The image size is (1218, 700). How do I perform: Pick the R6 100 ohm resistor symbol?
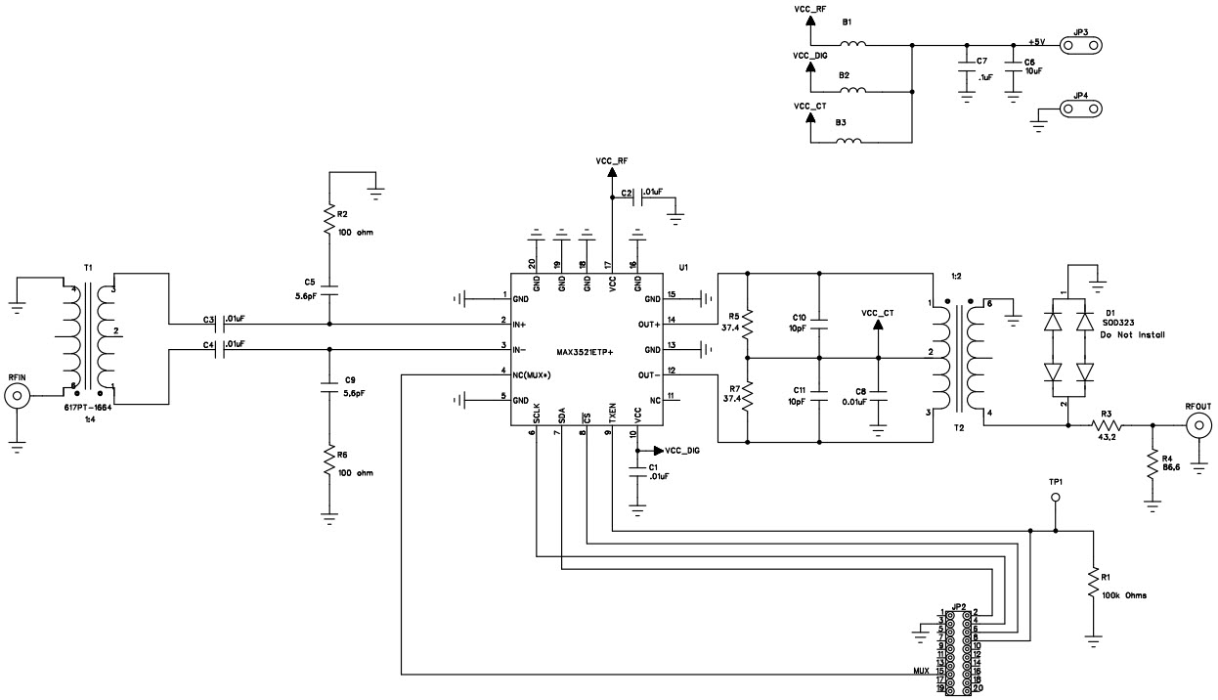[x=329, y=463]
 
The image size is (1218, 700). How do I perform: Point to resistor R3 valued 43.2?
[x=1108, y=425]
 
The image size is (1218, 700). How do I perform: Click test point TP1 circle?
[x=1055, y=499]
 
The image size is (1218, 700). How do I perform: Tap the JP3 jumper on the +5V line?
[x=1080, y=45]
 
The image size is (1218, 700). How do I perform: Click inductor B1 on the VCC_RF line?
[x=853, y=44]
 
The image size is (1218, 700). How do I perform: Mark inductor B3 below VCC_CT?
[x=849, y=142]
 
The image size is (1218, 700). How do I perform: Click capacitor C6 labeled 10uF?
[x=1014, y=71]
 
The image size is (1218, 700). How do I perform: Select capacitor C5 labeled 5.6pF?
[x=329, y=291]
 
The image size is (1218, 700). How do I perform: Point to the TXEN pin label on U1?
[x=612, y=414]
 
